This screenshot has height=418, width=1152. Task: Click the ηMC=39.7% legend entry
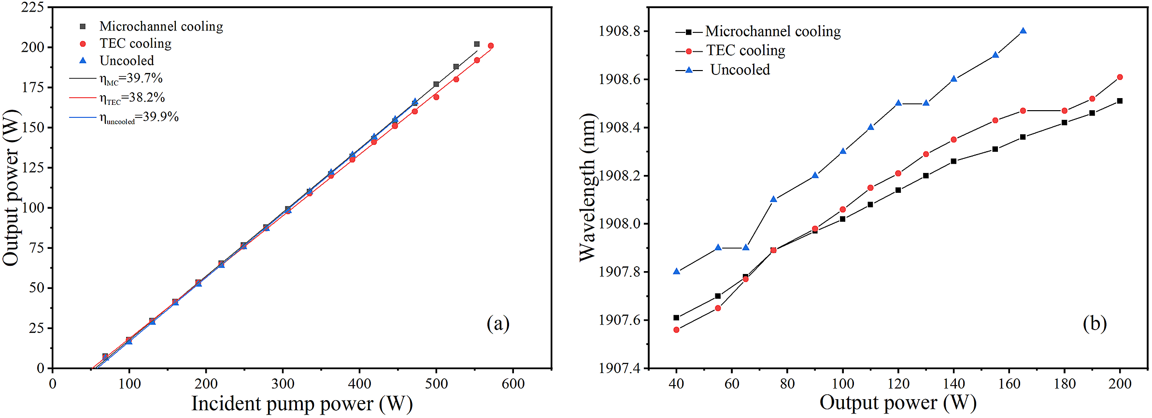click(x=131, y=78)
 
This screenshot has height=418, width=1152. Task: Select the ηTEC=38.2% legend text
click(x=132, y=98)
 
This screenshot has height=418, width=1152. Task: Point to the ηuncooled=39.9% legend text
click(x=139, y=117)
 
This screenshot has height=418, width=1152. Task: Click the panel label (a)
click(x=498, y=323)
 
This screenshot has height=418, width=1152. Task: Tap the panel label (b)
click(x=1095, y=323)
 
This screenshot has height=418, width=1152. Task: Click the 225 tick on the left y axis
click(x=33, y=7)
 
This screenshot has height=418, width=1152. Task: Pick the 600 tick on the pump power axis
click(x=513, y=384)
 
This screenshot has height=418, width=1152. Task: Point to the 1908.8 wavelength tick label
click(x=619, y=31)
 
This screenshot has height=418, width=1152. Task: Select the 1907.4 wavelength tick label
click(x=619, y=368)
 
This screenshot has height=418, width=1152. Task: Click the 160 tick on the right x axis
click(x=1009, y=384)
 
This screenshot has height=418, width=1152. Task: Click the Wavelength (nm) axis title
click(x=587, y=187)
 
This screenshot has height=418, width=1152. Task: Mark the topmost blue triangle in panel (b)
click(x=1023, y=31)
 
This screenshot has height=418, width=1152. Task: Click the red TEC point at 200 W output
click(x=1120, y=77)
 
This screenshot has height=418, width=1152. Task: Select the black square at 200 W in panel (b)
click(x=1120, y=101)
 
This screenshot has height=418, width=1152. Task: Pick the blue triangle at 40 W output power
click(x=677, y=272)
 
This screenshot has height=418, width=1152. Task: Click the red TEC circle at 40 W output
click(x=677, y=330)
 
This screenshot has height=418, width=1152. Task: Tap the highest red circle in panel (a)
click(x=491, y=46)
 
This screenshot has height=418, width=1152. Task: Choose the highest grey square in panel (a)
click(x=477, y=44)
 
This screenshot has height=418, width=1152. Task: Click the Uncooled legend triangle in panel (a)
click(x=83, y=61)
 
